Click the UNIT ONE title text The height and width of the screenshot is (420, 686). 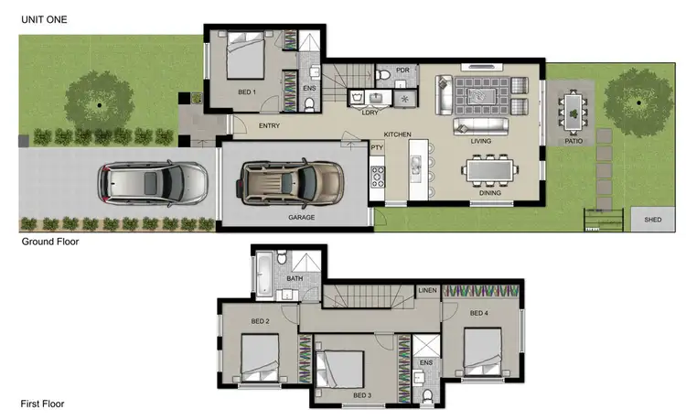[42, 19]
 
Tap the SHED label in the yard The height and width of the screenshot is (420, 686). [652, 220]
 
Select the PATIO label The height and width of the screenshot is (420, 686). [573, 142]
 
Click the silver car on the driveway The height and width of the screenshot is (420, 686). [153, 181]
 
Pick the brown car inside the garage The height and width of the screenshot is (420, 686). [291, 181]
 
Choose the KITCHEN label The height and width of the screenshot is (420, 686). [397, 135]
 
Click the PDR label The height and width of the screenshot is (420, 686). [402, 70]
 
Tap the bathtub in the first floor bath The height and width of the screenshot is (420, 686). [263, 275]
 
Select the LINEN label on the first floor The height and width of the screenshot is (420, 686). [427, 290]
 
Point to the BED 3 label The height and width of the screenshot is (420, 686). [362, 394]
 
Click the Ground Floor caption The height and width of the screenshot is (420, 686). [50, 242]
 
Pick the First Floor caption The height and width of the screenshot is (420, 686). [42, 404]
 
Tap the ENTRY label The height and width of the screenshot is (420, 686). [269, 125]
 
